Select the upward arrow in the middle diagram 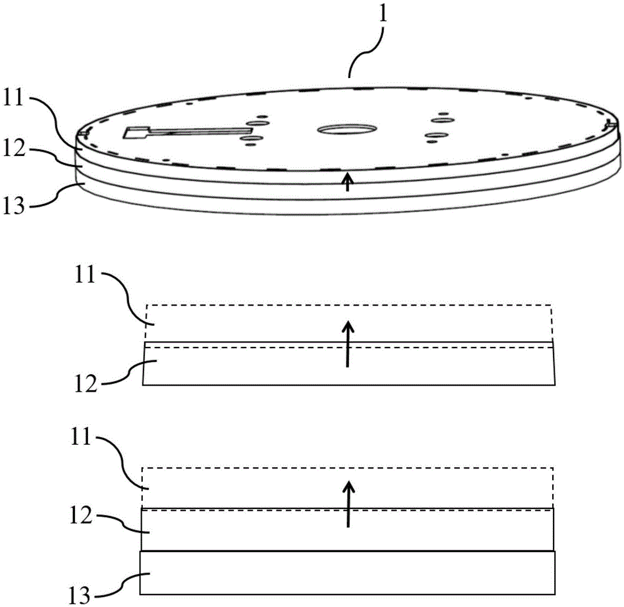348,343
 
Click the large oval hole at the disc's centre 347,129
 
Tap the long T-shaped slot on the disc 187,132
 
